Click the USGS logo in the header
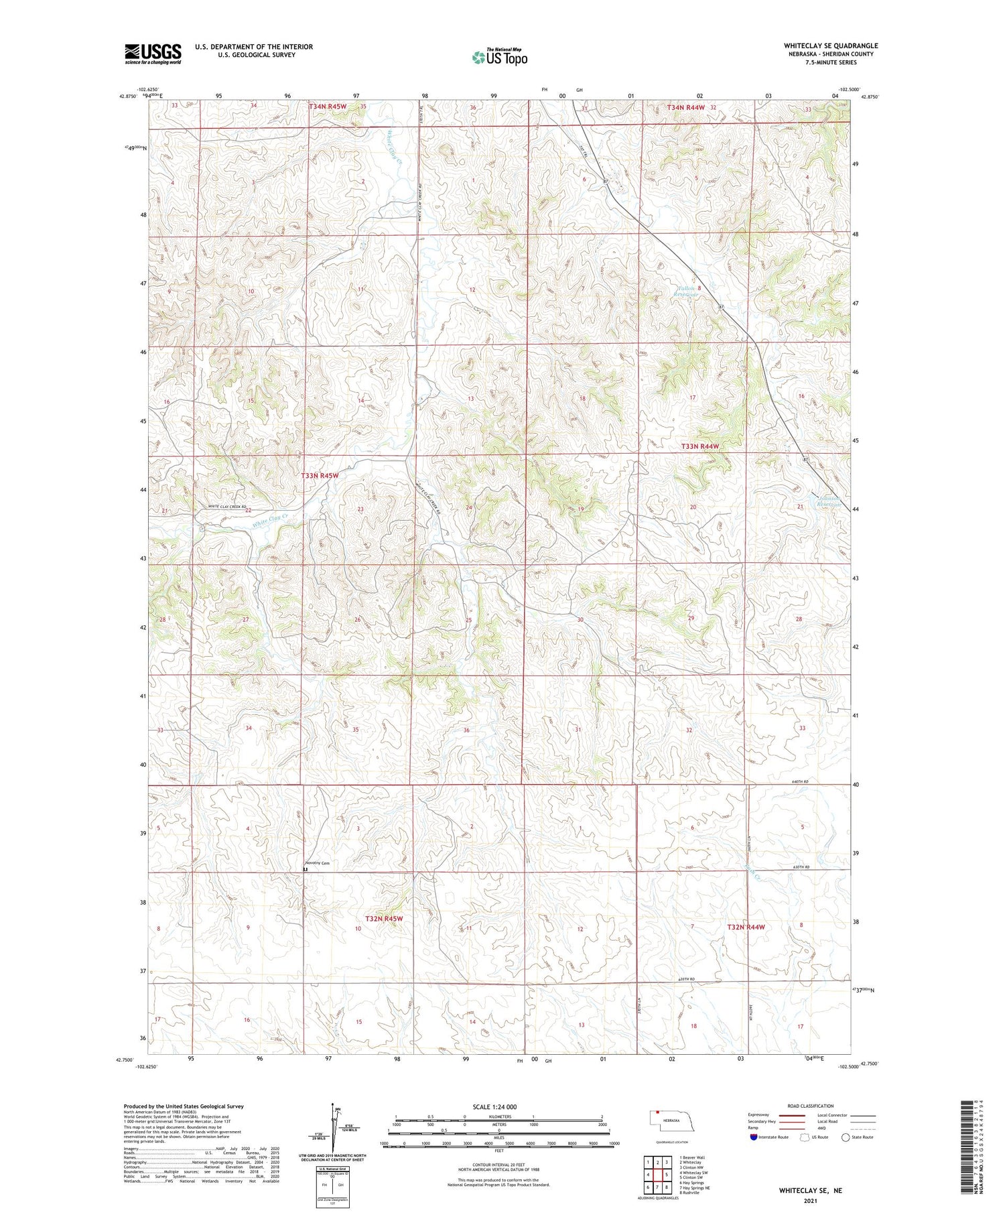click(x=153, y=54)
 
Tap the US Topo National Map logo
click(x=499, y=57)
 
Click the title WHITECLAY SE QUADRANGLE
click(x=830, y=46)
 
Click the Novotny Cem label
click(x=318, y=863)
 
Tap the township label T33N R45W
click(x=320, y=475)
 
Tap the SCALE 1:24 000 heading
click(x=494, y=1106)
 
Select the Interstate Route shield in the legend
click(x=754, y=1137)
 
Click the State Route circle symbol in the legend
click(x=846, y=1137)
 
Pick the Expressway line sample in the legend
click(x=791, y=1116)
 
